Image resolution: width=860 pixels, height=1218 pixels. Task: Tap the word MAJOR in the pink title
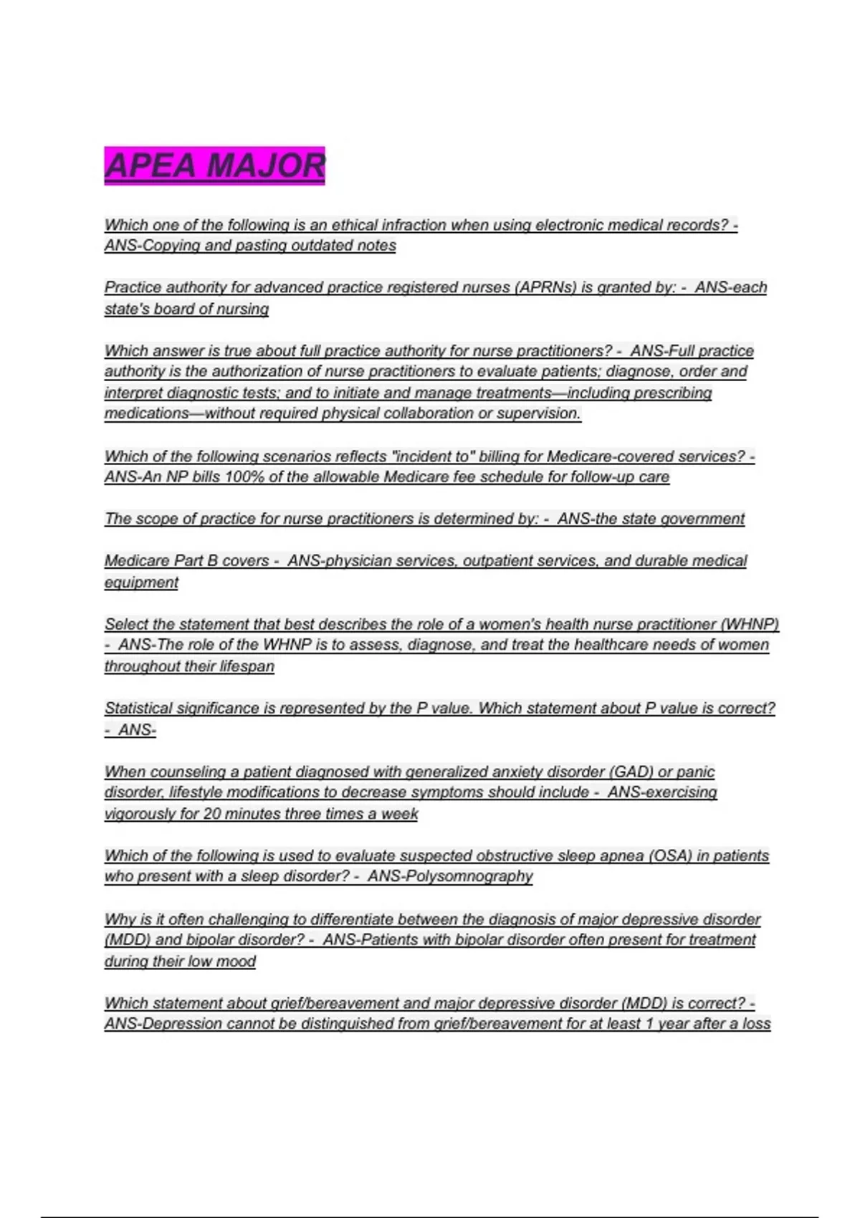click(x=266, y=166)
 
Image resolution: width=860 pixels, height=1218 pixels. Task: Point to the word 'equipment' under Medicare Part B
click(x=141, y=582)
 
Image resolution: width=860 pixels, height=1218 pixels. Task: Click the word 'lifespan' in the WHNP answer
click(x=247, y=666)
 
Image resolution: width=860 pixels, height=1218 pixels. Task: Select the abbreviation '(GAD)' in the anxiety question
click(x=631, y=772)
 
